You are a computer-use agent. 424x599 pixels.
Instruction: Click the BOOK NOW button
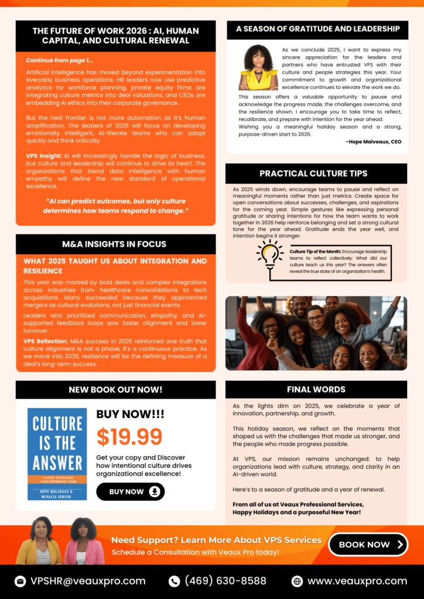[x=368, y=544]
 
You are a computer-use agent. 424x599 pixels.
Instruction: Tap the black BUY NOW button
[x=130, y=491]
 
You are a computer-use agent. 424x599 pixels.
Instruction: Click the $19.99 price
[x=129, y=436]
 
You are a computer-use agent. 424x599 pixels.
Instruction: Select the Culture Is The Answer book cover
[x=57, y=454]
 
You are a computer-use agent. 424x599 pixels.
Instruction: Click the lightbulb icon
[x=269, y=259]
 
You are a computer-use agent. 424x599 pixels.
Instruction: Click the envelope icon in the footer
[x=20, y=581]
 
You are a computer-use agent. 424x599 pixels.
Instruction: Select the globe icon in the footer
[x=298, y=581]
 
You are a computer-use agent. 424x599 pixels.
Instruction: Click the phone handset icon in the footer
[x=174, y=581]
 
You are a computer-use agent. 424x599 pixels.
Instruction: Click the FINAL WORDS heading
[x=316, y=389]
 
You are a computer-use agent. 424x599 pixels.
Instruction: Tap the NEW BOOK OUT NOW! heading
[x=115, y=389]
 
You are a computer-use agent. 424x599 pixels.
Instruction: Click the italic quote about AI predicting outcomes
[x=116, y=205]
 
